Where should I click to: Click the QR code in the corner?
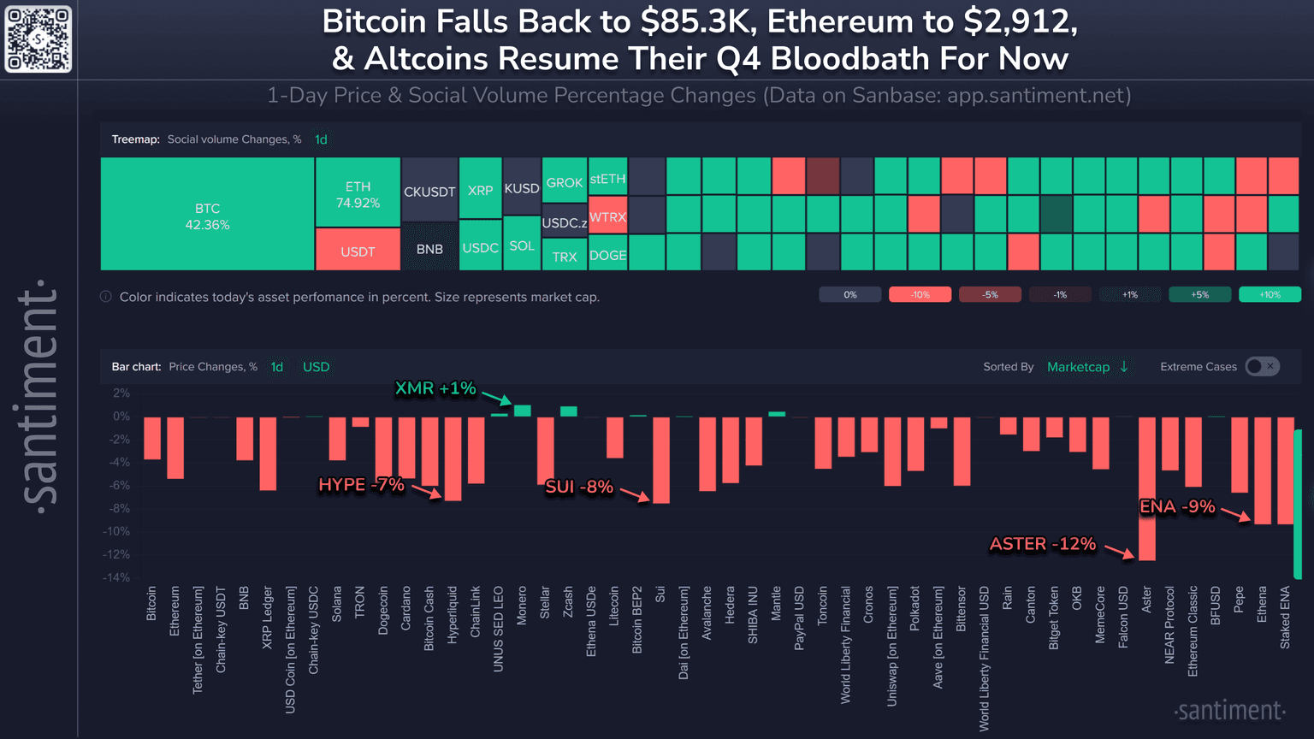38,38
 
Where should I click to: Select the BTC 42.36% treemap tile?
207,215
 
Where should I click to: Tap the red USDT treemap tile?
358,250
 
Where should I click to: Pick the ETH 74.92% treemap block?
358,193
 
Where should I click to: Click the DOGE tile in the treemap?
607,254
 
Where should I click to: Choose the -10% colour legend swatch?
920,294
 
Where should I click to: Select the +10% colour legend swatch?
1270,294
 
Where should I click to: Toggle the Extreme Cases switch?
1262,366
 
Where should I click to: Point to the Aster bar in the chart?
1146,488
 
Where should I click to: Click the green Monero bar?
522,411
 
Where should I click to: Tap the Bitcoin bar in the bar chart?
152,438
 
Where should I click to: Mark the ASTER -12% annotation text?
1042,544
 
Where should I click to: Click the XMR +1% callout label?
435,388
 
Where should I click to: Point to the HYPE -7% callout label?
361,485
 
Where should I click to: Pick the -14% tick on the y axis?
116,577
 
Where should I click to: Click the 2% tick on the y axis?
121,393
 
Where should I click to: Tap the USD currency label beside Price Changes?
316,366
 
